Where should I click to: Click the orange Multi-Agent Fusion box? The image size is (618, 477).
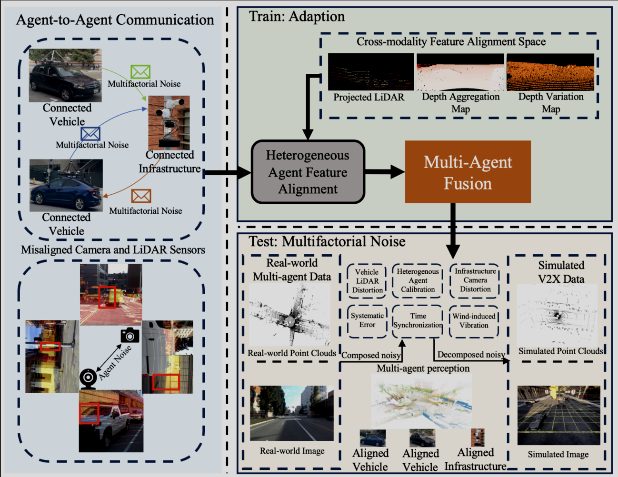468,172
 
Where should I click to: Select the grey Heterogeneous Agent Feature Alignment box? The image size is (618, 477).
308,172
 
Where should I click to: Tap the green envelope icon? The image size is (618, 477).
140,72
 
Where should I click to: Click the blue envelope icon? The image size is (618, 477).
90,134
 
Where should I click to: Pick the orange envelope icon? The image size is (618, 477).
141,196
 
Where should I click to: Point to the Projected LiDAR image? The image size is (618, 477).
371,72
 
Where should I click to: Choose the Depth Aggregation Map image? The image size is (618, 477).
460,72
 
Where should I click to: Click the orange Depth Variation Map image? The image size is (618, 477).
550,72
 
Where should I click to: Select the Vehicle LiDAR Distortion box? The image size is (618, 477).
367,281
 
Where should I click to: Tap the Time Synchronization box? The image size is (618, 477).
418,321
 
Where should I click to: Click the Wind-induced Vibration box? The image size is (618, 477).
474,321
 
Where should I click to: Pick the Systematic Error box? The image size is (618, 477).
367,320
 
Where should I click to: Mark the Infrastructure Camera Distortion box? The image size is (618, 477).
475,280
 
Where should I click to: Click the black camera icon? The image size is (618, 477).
130,335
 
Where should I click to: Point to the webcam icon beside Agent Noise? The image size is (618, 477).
88,378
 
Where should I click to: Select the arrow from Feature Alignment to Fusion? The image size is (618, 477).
385,172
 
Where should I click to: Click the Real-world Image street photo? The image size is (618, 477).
291,413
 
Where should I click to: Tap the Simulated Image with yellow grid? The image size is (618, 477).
558,415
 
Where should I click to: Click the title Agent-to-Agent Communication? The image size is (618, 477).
115,20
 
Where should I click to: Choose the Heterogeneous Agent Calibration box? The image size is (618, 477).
418,280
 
